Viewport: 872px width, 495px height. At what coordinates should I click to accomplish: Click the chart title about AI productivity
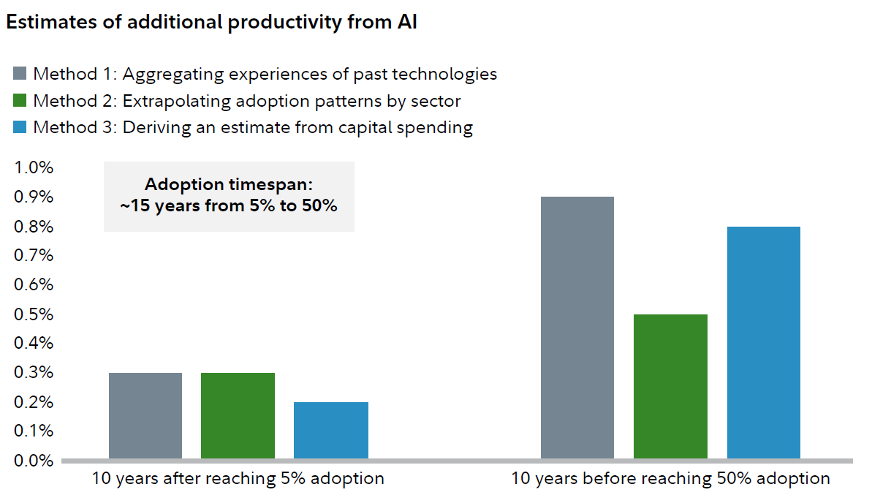pos(211,22)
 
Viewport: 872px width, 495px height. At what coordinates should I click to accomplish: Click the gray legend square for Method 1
pos(20,74)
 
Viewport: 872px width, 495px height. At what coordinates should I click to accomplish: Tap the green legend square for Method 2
pos(20,100)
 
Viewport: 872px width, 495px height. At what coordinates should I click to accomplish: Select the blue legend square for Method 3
pos(20,127)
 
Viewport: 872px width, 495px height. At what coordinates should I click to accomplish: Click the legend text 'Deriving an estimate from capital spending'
pos(297,127)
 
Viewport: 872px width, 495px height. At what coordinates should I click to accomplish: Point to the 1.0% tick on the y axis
pos(34,167)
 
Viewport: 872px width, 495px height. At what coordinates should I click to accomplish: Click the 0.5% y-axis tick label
pos(34,314)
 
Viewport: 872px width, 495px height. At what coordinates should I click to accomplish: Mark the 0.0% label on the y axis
pos(34,461)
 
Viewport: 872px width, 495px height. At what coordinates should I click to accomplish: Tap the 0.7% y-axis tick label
pos(34,255)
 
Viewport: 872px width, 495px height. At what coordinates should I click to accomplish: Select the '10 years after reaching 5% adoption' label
pos(238,479)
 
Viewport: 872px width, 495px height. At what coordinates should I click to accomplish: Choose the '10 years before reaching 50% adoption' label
pos(670,479)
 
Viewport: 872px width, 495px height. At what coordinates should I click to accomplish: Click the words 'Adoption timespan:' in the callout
pos(229,185)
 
